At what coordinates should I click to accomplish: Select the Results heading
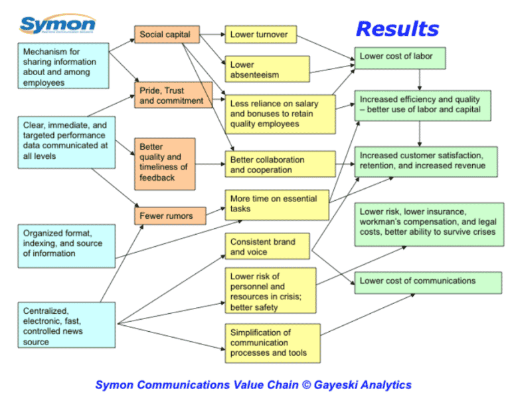pyautogui.click(x=397, y=29)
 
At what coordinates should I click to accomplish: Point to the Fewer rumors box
pyautogui.click(x=167, y=215)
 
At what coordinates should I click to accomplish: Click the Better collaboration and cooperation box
pyautogui.click(x=280, y=164)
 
